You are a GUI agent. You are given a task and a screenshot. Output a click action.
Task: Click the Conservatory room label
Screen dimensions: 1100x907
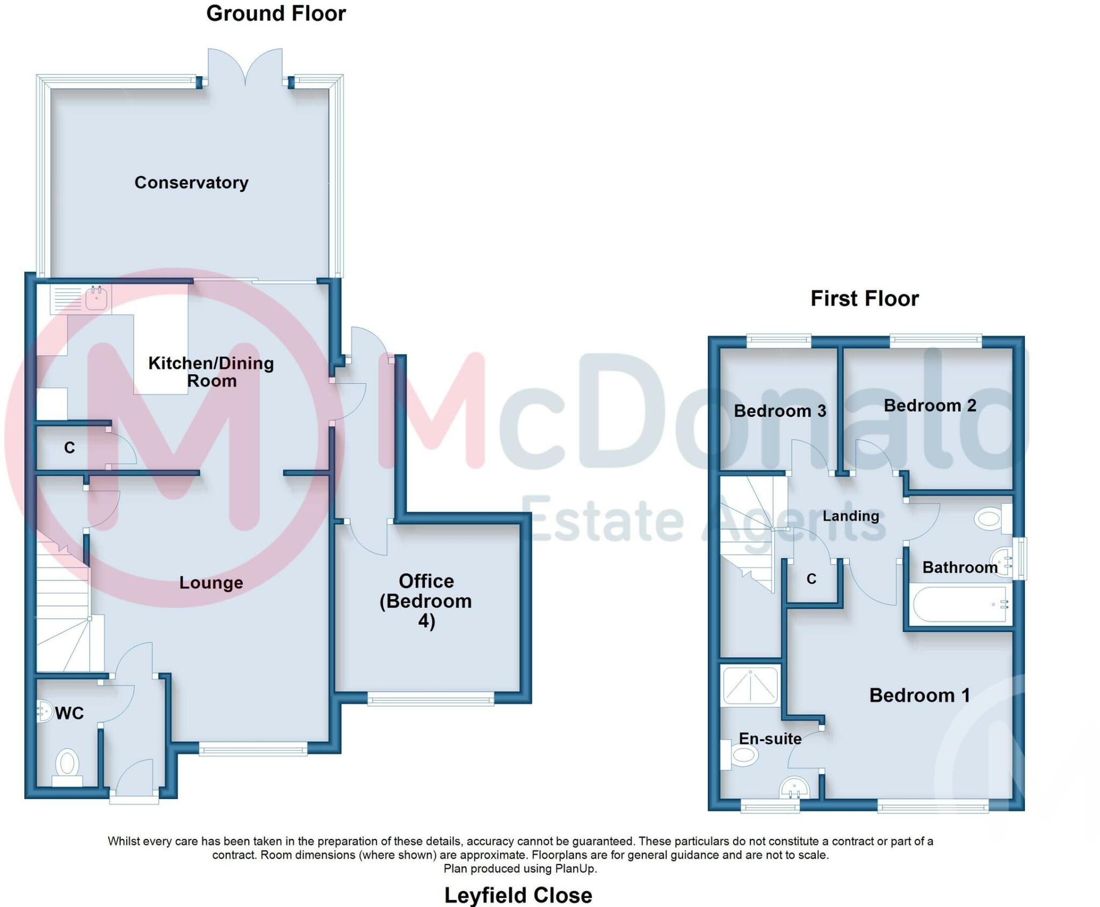tap(191, 182)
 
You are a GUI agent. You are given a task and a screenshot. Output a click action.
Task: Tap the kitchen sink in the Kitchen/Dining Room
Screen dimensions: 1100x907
tap(81, 299)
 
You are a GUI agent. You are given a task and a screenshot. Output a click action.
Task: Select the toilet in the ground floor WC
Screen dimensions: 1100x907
tap(67, 768)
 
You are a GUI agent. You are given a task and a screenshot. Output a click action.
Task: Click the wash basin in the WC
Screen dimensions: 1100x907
tap(44, 712)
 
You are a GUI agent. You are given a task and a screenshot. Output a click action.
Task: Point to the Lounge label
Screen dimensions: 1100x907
tap(211, 583)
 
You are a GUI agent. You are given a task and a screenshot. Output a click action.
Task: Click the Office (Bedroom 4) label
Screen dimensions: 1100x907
tap(426, 601)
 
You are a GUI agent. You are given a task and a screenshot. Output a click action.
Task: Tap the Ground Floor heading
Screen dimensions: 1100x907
tap(276, 13)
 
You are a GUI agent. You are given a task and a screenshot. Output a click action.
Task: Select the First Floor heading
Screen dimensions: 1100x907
tap(865, 298)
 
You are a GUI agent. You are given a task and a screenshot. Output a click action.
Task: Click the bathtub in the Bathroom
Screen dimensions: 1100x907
tap(959, 605)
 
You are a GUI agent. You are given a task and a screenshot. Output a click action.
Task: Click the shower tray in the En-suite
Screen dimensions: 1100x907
tap(750, 685)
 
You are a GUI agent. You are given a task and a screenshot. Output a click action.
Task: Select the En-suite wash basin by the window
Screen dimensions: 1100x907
tap(794, 787)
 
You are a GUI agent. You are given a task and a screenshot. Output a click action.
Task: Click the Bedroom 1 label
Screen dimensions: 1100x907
tap(920, 696)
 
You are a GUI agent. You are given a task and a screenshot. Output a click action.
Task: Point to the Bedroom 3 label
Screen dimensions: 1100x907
tap(780, 411)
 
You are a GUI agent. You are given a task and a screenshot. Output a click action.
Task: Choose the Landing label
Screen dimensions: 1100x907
tap(851, 516)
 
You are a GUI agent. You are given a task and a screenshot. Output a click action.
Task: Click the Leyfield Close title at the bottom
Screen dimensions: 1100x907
tap(518, 895)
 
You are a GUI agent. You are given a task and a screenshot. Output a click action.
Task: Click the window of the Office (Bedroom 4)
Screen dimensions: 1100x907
tap(430, 698)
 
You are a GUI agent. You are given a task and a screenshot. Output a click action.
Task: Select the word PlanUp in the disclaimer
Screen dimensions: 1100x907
tap(575, 868)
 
